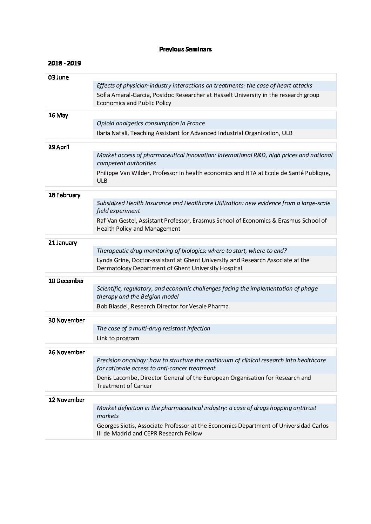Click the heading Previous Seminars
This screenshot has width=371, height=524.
pyautogui.click(x=185, y=49)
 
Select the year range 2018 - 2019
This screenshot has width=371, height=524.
pyautogui.click(x=64, y=63)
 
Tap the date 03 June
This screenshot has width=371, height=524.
pyautogui.click(x=59, y=78)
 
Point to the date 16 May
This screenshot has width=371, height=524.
pyautogui.click(x=58, y=116)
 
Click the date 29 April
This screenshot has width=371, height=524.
pyautogui.click(x=59, y=147)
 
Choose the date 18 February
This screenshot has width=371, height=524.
pyautogui.click(x=64, y=195)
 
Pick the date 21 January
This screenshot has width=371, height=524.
pyautogui.click(x=62, y=243)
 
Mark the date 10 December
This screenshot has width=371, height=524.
pyautogui.click(x=66, y=281)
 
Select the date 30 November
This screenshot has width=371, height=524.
pyautogui.click(x=67, y=321)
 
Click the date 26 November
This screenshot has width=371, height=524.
pyautogui.click(x=67, y=352)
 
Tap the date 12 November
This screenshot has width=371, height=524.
pyautogui.click(x=67, y=400)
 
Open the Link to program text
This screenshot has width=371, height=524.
pyautogui.click(x=118, y=338)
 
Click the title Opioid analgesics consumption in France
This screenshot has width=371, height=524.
pyautogui.click(x=151, y=124)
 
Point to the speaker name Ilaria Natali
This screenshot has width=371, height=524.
pyautogui.click(x=112, y=133)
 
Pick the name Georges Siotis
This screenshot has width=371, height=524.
pyautogui.click(x=115, y=426)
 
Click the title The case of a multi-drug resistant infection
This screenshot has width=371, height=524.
pyautogui.click(x=153, y=329)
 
